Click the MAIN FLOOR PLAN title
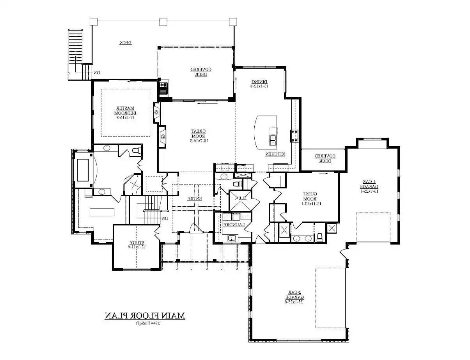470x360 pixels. [x=145, y=316]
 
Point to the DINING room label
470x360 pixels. [x=259, y=83]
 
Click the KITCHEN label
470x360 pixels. [x=275, y=154]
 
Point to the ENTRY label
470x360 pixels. [x=194, y=199]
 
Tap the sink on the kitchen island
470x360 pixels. [x=273, y=140]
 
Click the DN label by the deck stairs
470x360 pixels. [x=96, y=73]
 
